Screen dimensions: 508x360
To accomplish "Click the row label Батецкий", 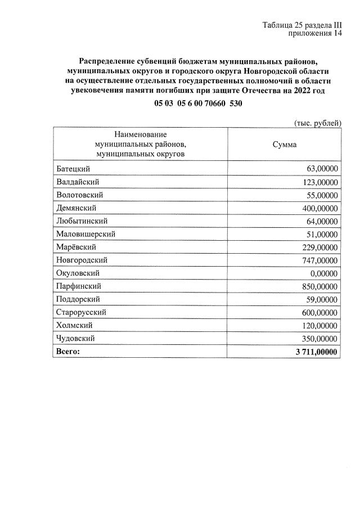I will click(x=73, y=169).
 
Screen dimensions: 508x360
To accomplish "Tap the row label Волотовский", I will click(x=79, y=195).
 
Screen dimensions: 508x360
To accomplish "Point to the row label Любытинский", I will click(x=82, y=221).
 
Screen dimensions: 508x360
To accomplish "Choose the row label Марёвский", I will click(x=76, y=247).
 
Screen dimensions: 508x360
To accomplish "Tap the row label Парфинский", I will click(x=79, y=286).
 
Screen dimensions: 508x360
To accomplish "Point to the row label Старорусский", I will click(x=82, y=312).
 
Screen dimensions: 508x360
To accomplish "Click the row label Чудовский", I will click(x=75, y=339).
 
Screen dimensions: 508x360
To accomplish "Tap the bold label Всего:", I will click(x=69, y=352).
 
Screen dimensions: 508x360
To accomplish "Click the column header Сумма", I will click(x=284, y=145).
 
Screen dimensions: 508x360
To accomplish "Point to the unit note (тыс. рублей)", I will click(x=318, y=123).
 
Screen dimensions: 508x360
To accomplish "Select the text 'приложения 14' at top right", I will click(x=315, y=34).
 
